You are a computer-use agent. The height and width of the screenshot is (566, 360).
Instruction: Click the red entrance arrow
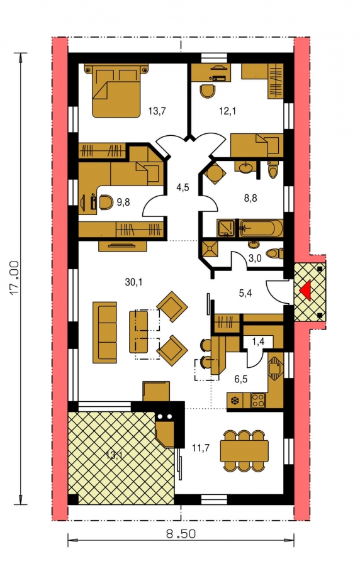(305, 291)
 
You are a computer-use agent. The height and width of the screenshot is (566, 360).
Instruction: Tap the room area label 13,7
(157, 111)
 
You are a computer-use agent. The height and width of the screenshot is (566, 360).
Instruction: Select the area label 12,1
(227, 111)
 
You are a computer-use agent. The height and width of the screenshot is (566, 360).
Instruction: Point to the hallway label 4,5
(183, 187)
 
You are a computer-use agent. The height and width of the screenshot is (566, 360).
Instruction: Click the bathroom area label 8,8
(250, 198)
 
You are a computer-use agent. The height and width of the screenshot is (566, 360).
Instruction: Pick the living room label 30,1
(133, 282)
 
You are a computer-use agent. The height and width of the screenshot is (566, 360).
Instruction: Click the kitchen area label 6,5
(241, 379)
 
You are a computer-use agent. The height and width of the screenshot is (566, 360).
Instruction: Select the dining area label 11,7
(201, 448)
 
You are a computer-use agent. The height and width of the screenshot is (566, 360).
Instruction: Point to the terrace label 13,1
(113, 455)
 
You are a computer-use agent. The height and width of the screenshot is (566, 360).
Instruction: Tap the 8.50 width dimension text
(181, 533)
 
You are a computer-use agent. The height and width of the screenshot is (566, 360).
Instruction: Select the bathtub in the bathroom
(261, 228)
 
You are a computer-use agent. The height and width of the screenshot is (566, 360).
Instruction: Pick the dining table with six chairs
(245, 450)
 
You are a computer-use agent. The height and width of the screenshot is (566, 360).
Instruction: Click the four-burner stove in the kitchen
(258, 401)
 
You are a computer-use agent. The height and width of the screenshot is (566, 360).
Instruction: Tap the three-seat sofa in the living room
(104, 332)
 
